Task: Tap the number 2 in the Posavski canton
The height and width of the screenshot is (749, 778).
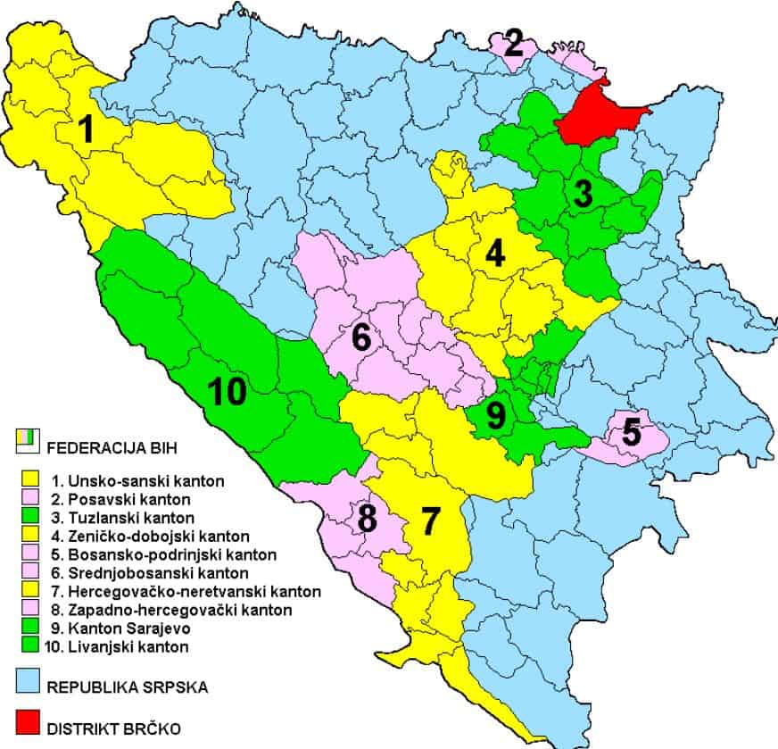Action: point(513,43)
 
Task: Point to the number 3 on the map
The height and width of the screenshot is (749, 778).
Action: point(583,194)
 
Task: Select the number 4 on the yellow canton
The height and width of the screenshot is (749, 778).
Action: point(494,254)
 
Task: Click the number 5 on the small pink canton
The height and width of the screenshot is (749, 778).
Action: point(631,433)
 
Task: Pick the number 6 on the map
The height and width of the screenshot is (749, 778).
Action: point(361,338)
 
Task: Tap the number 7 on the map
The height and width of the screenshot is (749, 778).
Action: point(431,520)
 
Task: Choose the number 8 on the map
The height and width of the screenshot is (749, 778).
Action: point(365,519)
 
